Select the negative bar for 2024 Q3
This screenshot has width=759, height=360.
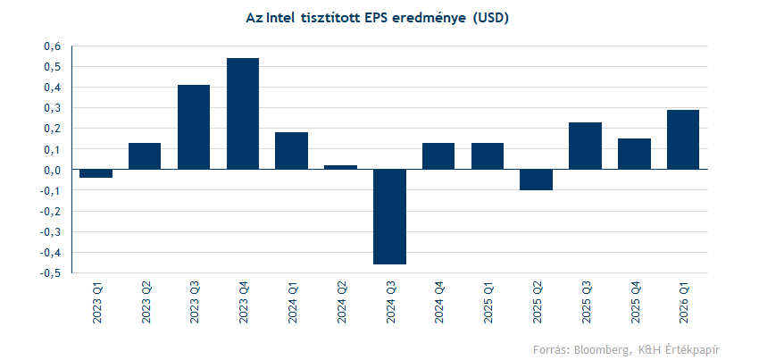389,216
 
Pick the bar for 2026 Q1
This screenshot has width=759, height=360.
683,139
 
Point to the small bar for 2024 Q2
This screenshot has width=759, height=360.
340,167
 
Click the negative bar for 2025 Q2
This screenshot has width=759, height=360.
536,180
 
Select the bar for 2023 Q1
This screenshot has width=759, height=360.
96,173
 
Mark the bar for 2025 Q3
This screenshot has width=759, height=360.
585,146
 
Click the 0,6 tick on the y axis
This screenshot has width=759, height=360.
52,46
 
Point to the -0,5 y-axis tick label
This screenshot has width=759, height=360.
51,273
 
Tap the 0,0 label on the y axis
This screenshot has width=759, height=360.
52,170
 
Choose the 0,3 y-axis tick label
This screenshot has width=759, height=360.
52,108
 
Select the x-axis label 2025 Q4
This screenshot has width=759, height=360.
635,303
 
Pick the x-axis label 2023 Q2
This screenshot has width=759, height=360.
146,303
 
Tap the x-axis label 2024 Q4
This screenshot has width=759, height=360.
439,303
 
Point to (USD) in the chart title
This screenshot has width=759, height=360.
489,17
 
